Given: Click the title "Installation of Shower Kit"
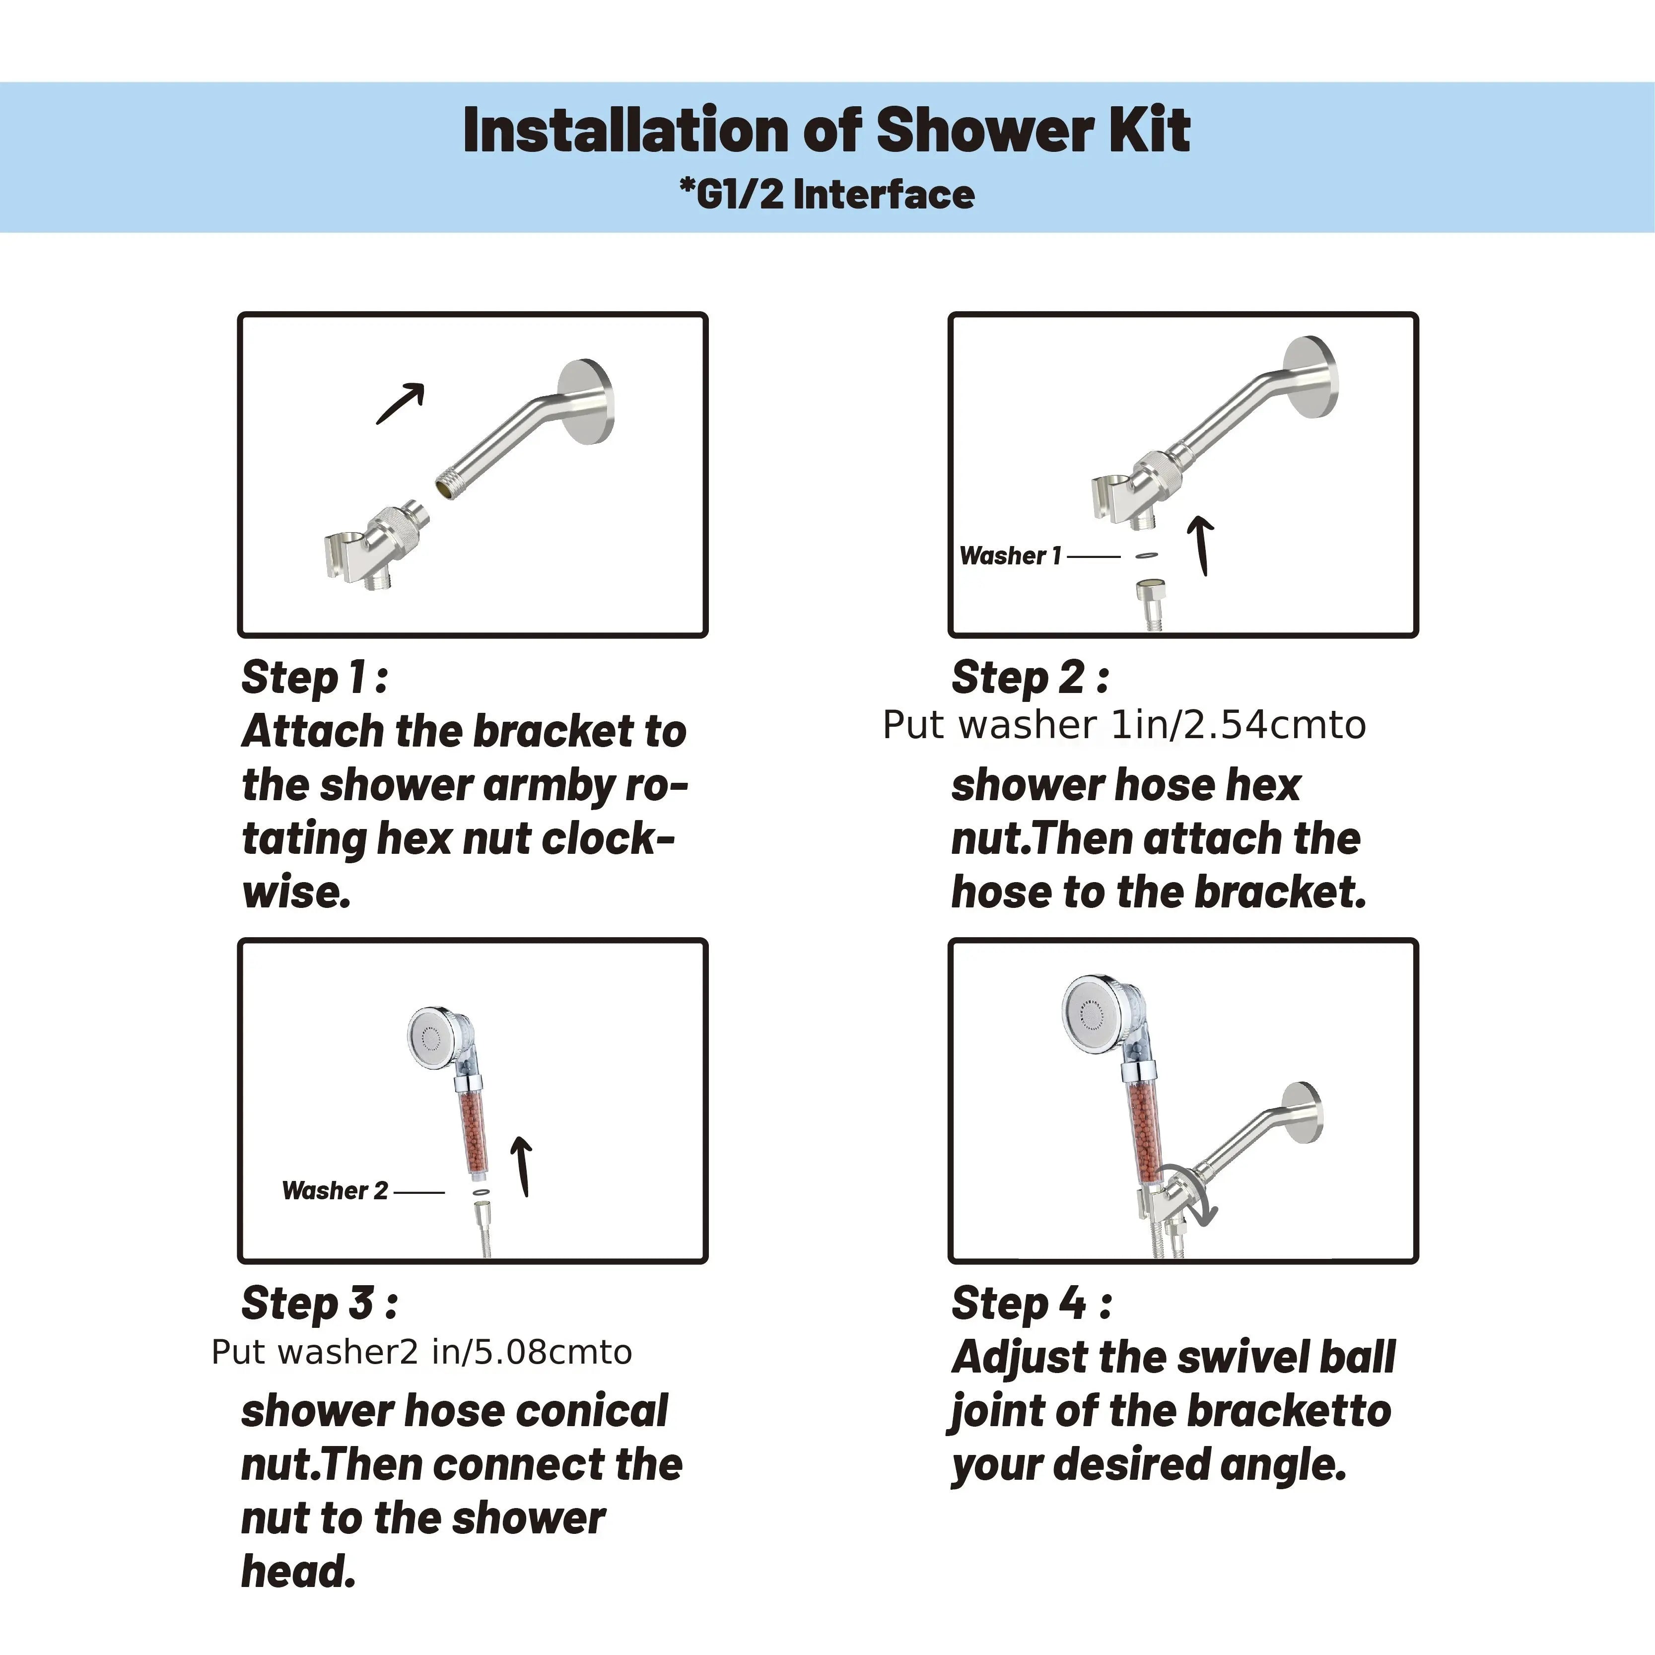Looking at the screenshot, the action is pos(827,130).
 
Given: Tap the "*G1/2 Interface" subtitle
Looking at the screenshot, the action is pos(827,195).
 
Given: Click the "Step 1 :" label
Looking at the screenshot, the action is pos(314,678).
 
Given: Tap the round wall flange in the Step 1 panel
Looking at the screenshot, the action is pos(588,402).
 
